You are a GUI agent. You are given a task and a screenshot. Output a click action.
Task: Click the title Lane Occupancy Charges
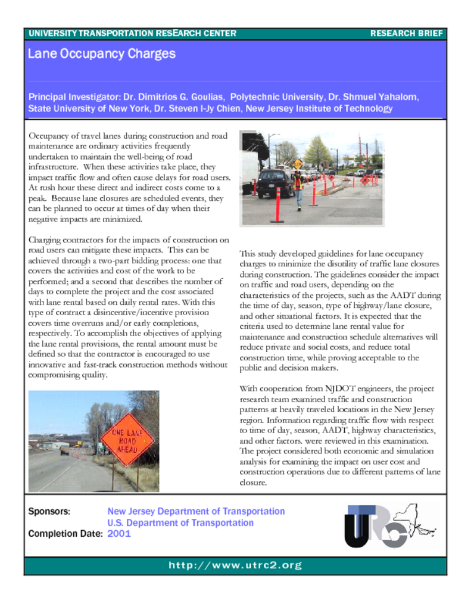102,54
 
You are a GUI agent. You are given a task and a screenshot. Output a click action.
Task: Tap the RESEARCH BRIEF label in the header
406,33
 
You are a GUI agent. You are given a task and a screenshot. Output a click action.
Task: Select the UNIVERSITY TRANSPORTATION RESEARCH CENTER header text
132,33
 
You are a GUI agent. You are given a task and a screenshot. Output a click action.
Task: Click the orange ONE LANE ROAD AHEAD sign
127,440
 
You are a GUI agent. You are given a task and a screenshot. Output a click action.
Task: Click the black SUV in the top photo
275,182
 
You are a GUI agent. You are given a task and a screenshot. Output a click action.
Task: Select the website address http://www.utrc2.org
235,565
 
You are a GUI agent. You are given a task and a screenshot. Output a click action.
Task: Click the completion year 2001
119,534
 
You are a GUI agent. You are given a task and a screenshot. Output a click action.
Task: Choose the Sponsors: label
49,511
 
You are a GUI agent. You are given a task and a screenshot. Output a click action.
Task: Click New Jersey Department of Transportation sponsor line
196,511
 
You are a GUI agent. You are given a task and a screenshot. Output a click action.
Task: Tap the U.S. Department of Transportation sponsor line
180,522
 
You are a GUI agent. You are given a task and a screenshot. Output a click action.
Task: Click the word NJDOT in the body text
342,388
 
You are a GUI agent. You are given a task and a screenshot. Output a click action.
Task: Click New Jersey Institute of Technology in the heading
319,108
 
